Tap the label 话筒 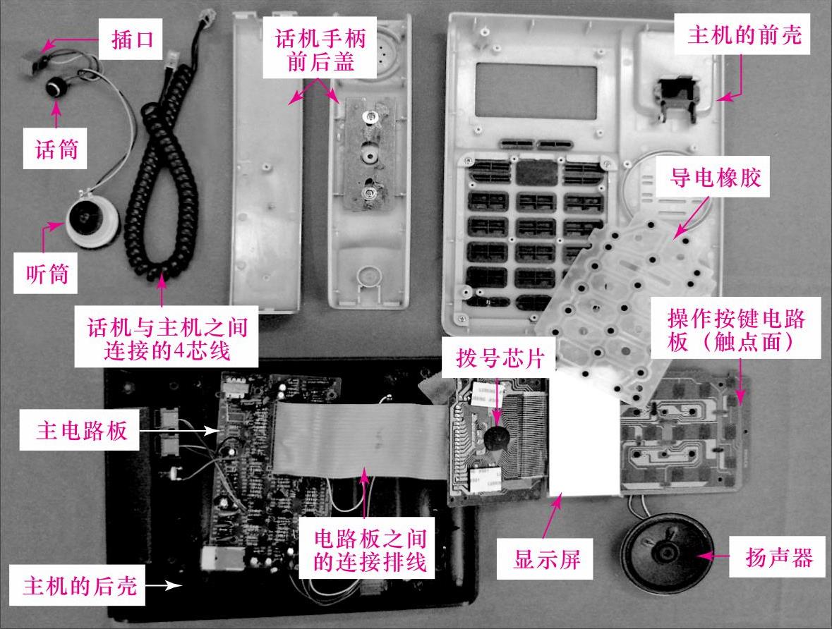click(x=57, y=149)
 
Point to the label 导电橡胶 click(x=708, y=179)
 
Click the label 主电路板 click(x=83, y=431)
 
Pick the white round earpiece click(x=89, y=221)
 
